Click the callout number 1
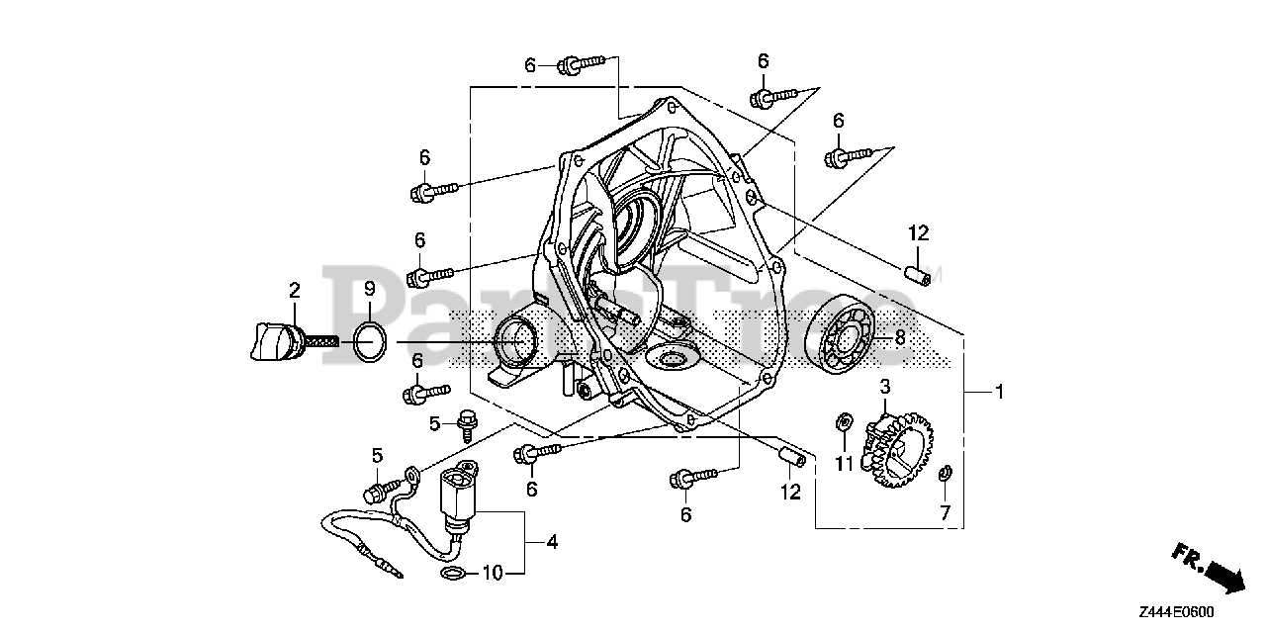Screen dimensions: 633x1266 [999, 393]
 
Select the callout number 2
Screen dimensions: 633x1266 [294, 290]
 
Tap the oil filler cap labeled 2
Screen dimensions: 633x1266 [269, 341]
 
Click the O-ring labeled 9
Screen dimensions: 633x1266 [368, 342]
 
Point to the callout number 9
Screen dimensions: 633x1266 [368, 290]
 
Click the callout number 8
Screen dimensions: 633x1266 [900, 336]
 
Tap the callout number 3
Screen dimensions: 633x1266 [885, 386]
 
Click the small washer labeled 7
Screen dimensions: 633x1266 [944, 473]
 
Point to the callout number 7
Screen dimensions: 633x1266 [945, 512]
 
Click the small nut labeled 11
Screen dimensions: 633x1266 [844, 423]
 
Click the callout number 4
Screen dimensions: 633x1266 [552, 542]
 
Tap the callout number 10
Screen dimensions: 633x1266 [492, 573]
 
